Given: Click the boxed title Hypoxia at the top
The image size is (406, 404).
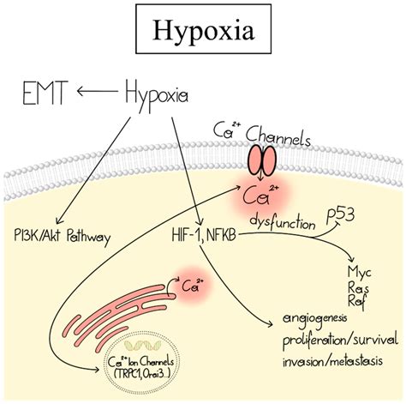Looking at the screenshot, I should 202,31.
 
